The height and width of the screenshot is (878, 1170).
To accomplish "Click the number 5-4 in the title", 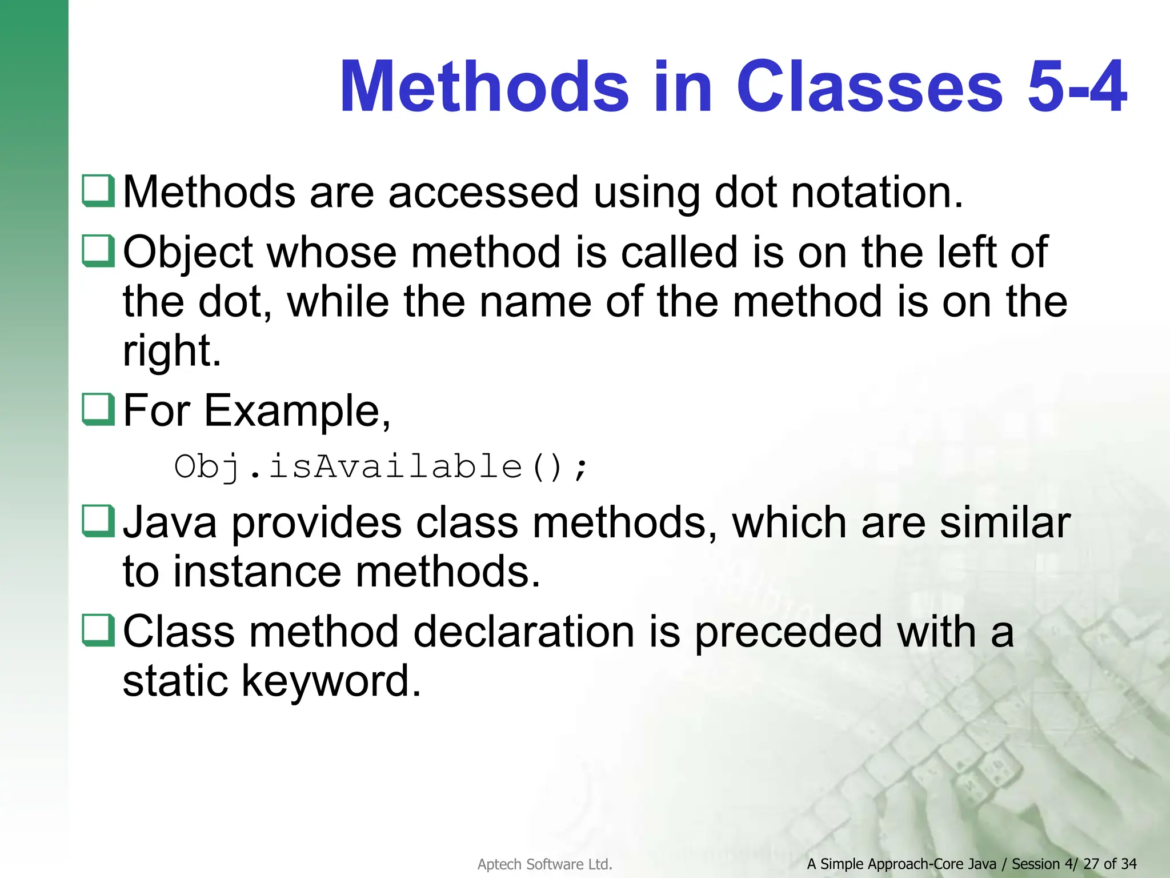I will coord(1076,87).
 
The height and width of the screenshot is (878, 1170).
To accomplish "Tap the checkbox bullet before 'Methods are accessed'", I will coord(98,191).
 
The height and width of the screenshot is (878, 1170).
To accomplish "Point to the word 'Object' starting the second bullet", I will coord(188,253).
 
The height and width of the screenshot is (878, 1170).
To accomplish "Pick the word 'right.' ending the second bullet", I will coord(172,350).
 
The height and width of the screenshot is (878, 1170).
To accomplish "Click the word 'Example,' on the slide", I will coord(297,411).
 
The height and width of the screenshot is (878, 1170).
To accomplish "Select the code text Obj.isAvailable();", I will coord(380,466).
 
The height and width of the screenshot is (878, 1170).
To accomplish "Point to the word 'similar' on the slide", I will coord(1005,522).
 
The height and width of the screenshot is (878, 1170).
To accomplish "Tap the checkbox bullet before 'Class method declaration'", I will coord(98,630).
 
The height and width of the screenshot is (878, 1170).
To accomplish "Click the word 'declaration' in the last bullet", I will coord(523,632).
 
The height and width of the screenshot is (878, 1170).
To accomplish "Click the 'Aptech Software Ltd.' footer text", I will coord(544,864).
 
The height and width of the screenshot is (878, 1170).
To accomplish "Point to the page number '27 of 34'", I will coord(1109,864).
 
